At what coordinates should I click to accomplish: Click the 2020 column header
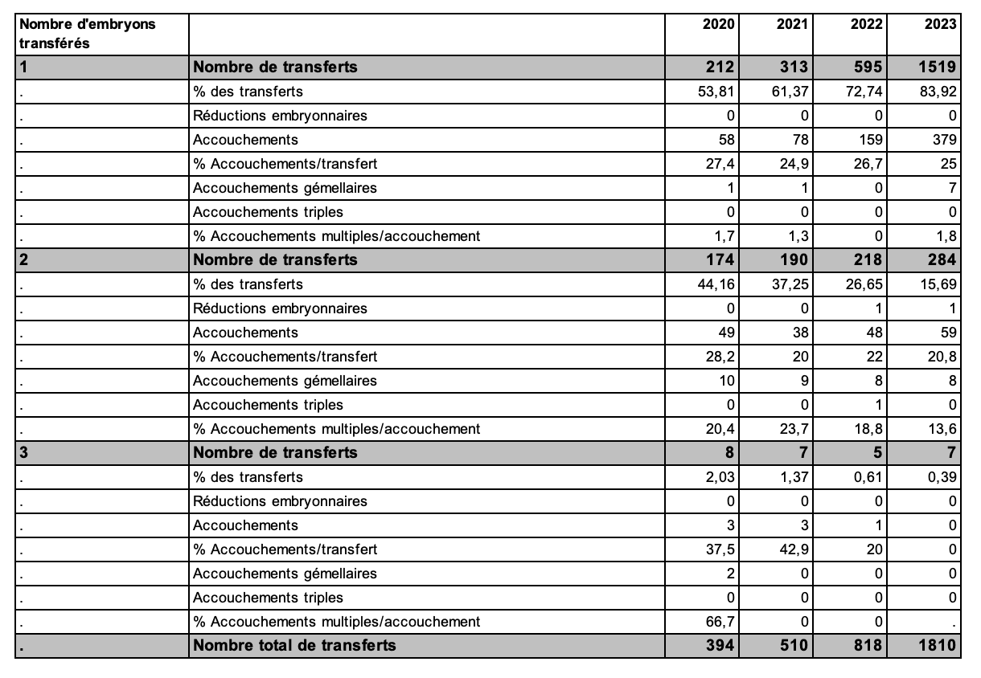(x=718, y=24)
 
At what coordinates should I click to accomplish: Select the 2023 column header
(x=941, y=24)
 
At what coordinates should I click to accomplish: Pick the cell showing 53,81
(x=715, y=92)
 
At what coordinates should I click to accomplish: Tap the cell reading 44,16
(x=715, y=284)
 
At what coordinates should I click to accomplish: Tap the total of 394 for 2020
(x=719, y=646)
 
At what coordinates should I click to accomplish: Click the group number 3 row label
(x=24, y=453)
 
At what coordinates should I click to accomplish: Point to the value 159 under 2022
(x=870, y=140)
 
